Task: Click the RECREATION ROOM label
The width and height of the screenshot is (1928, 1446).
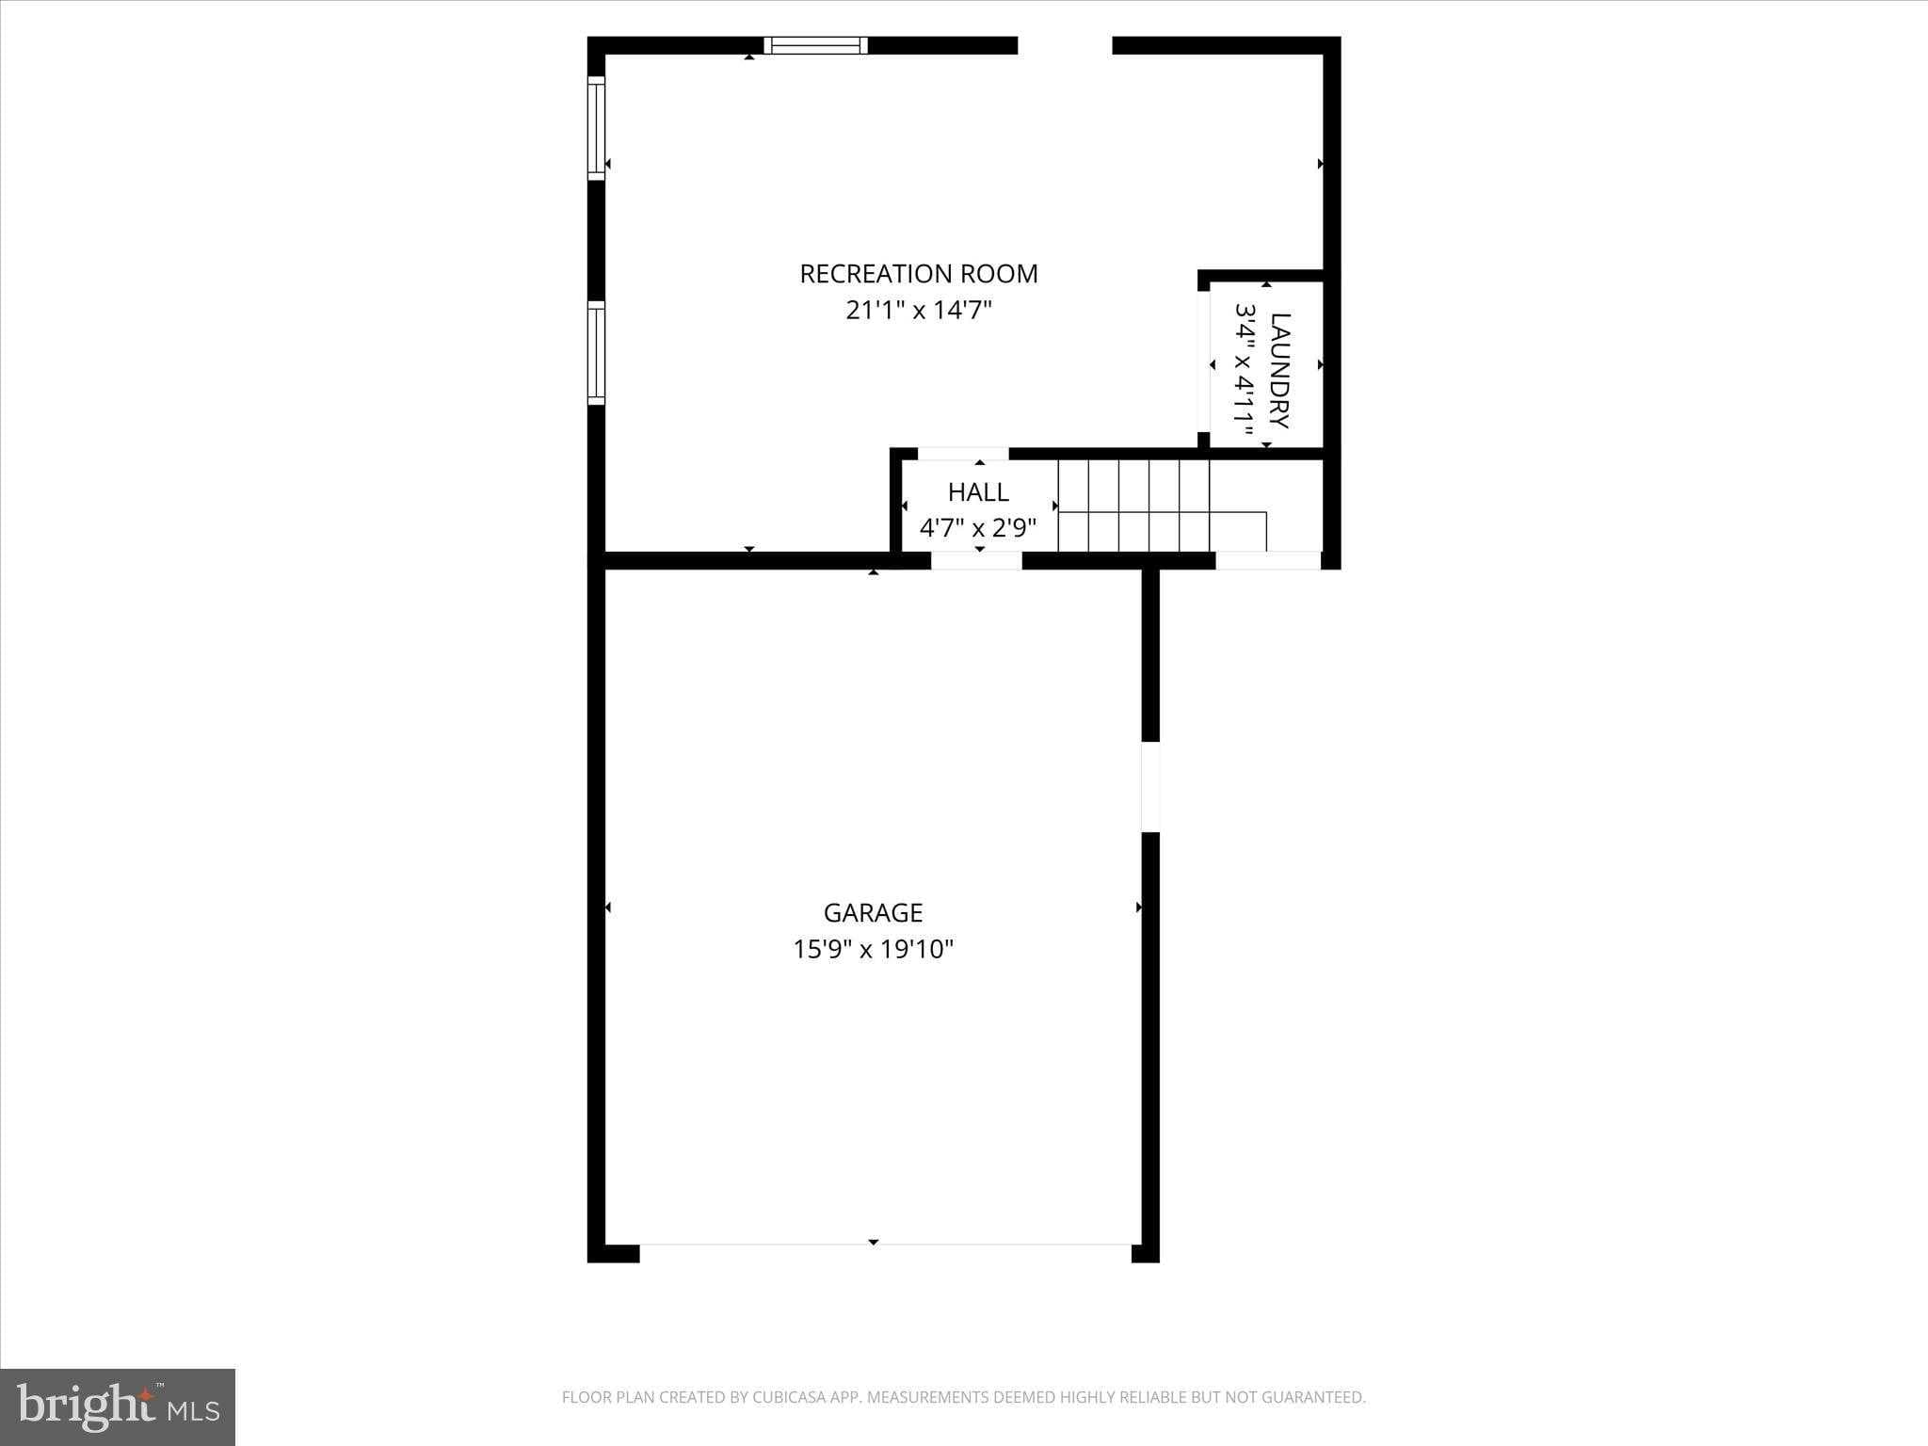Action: (918, 274)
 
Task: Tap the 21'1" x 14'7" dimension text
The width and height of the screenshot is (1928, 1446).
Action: (918, 310)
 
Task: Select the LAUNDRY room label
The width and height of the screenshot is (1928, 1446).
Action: (1279, 370)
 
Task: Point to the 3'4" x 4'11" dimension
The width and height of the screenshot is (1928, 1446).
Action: (1245, 370)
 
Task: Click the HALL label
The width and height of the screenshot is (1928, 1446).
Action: (978, 491)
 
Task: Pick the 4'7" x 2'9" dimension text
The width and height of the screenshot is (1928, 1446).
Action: (977, 527)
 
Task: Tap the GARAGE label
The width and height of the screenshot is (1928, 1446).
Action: (873, 912)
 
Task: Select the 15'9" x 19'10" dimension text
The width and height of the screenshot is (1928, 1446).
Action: (873, 949)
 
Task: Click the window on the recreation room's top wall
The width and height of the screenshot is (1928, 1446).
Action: (815, 45)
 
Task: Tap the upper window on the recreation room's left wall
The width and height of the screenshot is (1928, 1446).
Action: (596, 128)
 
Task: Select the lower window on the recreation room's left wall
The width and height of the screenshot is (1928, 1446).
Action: (596, 353)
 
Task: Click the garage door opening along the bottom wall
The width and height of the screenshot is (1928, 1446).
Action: (885, 1252)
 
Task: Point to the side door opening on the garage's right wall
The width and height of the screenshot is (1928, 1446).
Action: (1150, 787)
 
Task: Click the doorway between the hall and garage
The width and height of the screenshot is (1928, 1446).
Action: (976, 561)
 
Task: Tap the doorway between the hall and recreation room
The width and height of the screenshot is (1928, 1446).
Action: (962, 454)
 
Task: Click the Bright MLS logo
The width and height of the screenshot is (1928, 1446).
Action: (118, 1406)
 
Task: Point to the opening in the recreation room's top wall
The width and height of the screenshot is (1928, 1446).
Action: (1065, 45)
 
